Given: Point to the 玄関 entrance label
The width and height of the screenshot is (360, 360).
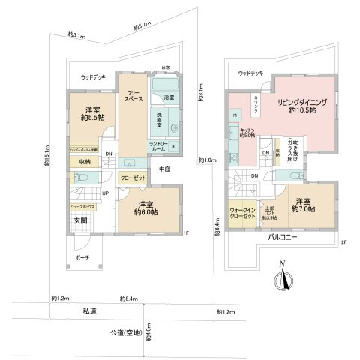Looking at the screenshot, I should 80,220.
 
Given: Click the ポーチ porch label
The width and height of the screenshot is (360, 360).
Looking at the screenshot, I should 82,257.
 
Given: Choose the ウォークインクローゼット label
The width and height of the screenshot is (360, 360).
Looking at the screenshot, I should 241,213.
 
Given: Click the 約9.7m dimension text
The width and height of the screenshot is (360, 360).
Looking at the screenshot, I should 142,27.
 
